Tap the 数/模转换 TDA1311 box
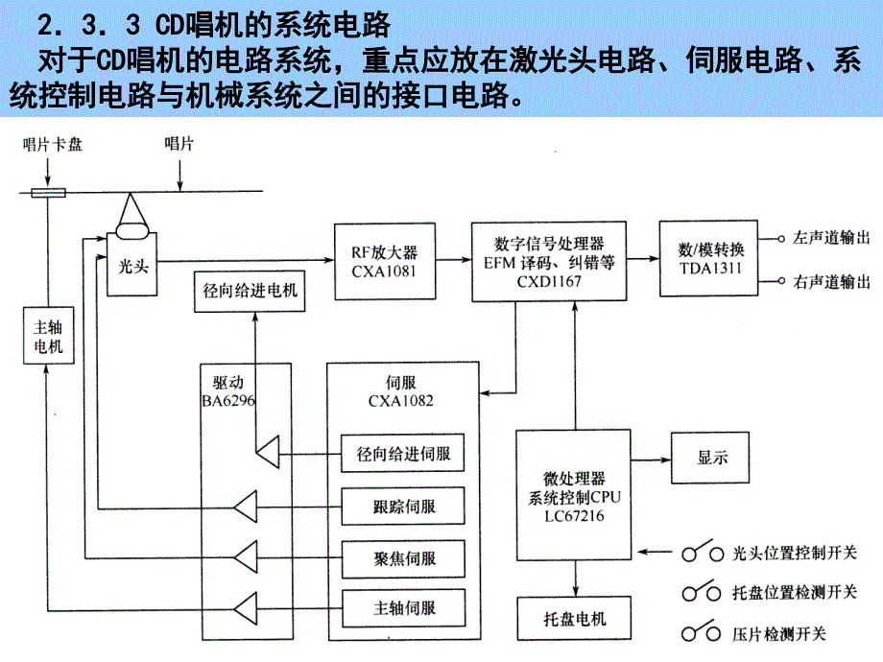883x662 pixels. coord(708,254)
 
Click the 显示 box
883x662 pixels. coord(711,458)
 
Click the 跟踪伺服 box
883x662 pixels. coord(403,504)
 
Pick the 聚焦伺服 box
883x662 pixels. coord(403,556)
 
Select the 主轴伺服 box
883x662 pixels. coord(403,607)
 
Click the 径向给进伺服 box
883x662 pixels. coord(403,453)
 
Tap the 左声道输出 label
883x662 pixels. coord(832,237)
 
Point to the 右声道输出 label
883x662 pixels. coord(832,282)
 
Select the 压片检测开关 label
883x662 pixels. coord(778,633)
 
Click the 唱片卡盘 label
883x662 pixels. coord(53,144)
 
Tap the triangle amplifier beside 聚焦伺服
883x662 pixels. coord(247,556)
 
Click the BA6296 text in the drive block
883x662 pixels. coord(228,401)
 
